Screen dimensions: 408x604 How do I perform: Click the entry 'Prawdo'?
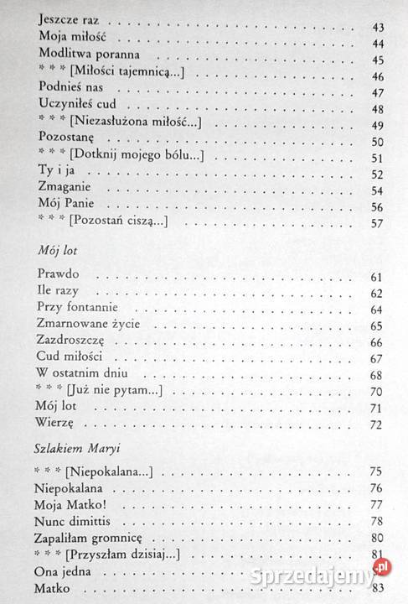(x=61, y=277)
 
